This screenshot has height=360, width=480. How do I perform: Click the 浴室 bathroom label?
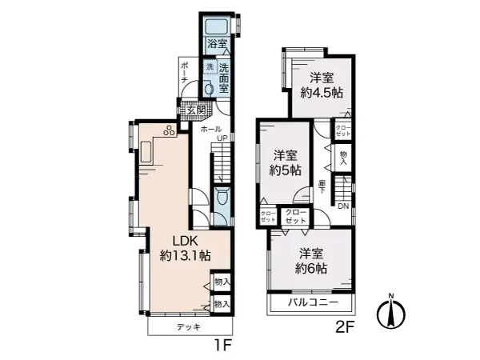pyautogui.click(x=216, y=43)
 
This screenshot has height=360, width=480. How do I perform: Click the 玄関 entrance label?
pyautogui.click(x=197, y=110)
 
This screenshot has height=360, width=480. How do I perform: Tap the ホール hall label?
pyautogui.click(x=211, y=128)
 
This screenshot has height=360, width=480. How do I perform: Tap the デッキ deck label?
pyautogui.click(x=189, y=327)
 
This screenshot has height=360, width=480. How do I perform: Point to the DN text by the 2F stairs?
pyautogui.click(x=342, y=206)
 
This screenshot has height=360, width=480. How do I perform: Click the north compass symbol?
pyautogui.click(x=391, y=312)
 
